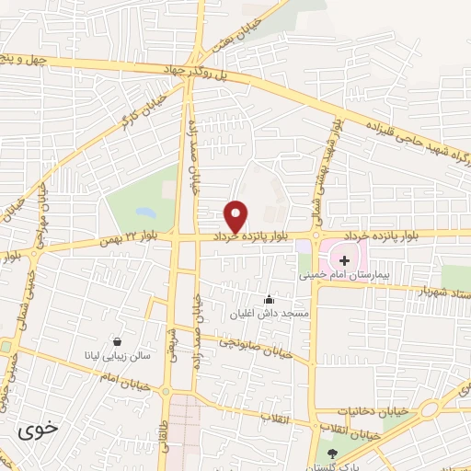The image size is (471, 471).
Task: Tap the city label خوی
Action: click(x=38, y=429)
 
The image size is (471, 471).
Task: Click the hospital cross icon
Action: click(x=344, y=260)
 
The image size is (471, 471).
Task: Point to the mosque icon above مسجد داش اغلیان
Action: click(x=269, y=298)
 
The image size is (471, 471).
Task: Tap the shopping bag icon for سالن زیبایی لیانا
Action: click(x=117, y=339)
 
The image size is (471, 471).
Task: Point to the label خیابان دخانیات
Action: click(x=347, y=409)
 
